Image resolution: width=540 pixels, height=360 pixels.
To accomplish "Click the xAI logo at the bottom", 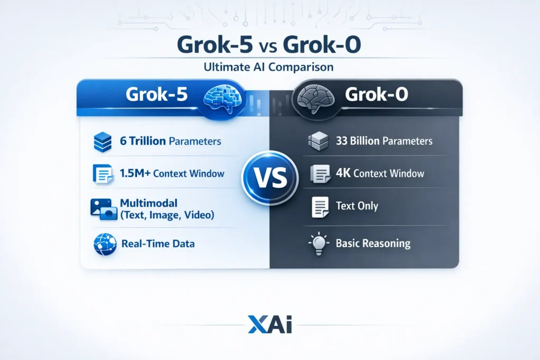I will click(x=269, y=324).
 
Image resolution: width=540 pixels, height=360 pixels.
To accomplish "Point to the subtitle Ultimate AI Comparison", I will click(x=269, y=67).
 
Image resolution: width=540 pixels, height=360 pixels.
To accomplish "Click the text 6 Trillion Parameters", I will click(x=171, y=141).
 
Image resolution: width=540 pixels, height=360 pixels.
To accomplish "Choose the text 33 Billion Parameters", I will click(x=384, y=141).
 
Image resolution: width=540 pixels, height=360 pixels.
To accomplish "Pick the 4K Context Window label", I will click(x=380, y=173).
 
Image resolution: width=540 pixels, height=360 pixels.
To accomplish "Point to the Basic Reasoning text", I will click(x=373, y=244).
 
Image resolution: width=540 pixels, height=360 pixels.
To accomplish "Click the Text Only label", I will click(x=357, y=206).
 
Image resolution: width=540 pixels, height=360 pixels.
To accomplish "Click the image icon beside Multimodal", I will click(x=103, y=209).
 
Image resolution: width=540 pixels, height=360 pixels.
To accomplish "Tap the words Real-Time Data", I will click(x=158, y=244).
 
